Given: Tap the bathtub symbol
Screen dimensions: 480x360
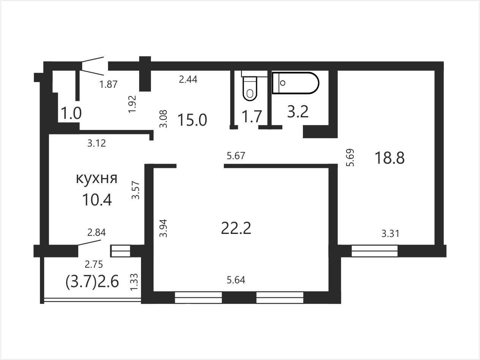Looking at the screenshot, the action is [x=296, y=83].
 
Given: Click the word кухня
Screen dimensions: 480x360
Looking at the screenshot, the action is [x=97, y=179].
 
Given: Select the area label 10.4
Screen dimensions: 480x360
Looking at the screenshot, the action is [x=97, y=200].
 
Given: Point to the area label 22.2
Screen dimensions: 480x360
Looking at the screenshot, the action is [x=236, y=228].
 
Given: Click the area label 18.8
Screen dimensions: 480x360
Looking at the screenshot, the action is [x=390, y=158].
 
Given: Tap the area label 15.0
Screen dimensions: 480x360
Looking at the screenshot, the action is [x=192, y=120].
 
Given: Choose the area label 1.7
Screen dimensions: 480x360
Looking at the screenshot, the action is [x=252, y=117].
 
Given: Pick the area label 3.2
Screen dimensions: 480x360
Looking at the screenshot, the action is [x=298, y=112].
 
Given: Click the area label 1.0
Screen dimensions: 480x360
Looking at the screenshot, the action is [x=71, y=114].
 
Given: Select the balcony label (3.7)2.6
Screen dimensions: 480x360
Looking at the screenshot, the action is [x=92, y=281].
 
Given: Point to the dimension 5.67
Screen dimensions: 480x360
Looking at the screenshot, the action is [x=236, y=156].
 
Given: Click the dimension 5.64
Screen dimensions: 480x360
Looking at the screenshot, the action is [x=236, y=280].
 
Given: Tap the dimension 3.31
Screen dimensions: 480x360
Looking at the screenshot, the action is [x=390, y=234].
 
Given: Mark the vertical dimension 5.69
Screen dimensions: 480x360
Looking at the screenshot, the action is [x=350, y=158].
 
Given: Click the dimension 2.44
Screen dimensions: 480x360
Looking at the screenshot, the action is [x=188, y=79].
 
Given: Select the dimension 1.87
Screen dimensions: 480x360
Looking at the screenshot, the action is [x=108, y=84].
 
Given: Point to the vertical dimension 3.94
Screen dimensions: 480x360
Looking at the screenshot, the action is [x=163, y=228].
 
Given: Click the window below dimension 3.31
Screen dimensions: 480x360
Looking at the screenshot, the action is [x=375, y=251].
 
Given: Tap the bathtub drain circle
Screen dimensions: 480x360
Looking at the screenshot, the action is [x=282, y=83].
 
